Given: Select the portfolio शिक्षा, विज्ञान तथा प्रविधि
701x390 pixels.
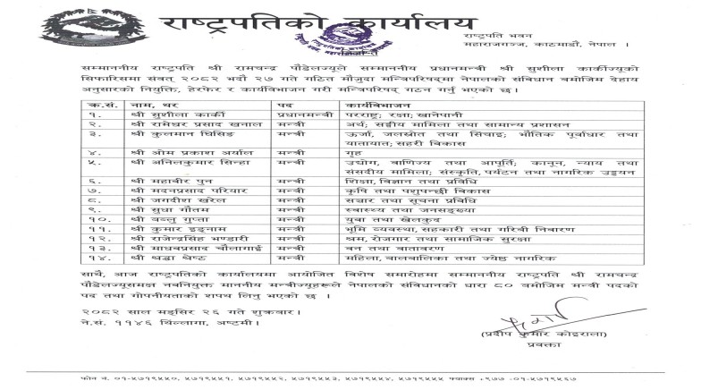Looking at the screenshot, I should coord(390,181).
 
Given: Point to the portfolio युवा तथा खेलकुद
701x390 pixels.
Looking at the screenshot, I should coord(376,219).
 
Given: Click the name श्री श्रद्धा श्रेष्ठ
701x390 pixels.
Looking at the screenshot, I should coord(152,257).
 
